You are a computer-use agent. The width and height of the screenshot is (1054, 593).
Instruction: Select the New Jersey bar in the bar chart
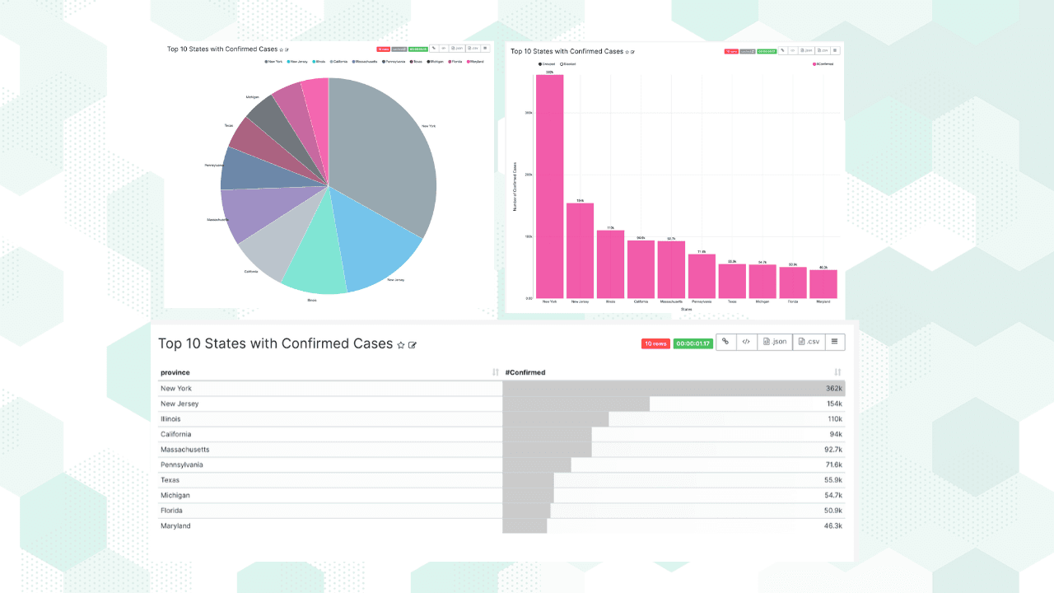(580, 250)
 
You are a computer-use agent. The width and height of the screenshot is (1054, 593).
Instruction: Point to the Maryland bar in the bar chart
(823, 284)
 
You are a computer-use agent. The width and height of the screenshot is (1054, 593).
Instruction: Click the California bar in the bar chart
(641, 269)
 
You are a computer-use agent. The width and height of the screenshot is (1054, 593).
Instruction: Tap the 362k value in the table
(834, 389)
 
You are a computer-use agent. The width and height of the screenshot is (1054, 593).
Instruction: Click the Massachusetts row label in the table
(185, 450)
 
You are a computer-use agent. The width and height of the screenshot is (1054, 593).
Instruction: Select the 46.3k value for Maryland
(832, 526)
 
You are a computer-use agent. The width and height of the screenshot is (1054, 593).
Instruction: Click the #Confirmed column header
(525, 372)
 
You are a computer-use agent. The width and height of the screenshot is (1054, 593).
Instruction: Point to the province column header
(175, 372)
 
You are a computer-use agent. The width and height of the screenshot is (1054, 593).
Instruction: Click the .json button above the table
(775, 342)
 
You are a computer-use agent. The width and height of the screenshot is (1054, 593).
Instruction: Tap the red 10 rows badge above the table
(655, 343)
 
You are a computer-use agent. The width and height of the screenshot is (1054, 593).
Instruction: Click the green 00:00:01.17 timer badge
(693, 343)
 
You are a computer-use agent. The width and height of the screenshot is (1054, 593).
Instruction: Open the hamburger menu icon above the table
(834, 342)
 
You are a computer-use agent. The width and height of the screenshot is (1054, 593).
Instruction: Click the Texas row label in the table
(170, 480)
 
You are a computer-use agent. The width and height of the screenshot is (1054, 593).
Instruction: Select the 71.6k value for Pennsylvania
(832, 465)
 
